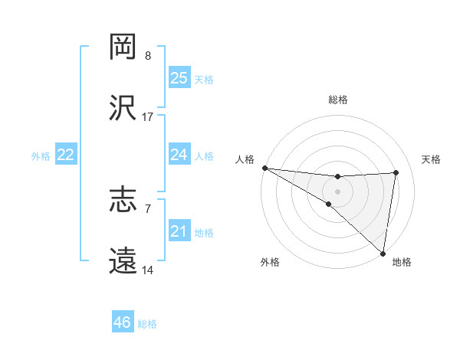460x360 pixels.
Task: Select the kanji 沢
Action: pos(123,108)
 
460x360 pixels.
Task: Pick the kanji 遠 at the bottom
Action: pos(123,261)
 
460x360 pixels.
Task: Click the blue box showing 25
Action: pos(179,78)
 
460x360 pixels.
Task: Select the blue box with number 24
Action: pos(179,155)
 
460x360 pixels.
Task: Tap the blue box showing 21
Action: pos(179,231)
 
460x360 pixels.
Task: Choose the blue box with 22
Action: pos(65,155)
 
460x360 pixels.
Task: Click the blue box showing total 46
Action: pos(123,322)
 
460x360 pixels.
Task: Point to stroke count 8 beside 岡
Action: pos(148,55)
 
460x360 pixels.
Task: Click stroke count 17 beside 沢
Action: pos(148,116)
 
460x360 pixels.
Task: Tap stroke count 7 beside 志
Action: pos(148,208)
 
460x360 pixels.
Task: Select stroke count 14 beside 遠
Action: pos(148,270)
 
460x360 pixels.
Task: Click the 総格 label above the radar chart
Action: pos(338,100)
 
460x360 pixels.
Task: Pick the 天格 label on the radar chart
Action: pos(431,159)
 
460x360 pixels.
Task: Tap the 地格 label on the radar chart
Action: pos(402,262)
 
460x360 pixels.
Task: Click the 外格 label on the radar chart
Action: pos(270,262)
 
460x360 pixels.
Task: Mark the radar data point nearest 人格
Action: pos(264,168)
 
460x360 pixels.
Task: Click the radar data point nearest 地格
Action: pos(383,254)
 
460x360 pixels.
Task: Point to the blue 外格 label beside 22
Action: pos(41,155)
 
